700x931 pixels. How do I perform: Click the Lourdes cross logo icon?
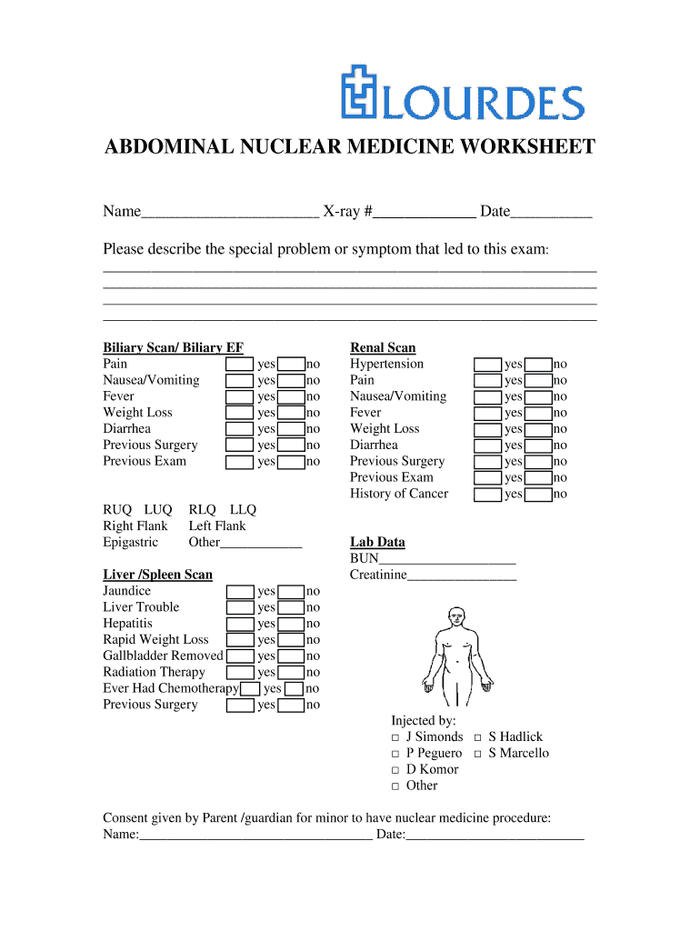click(359, 92)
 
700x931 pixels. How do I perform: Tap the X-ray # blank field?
click(425, 213)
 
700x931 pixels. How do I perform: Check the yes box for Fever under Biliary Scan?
click(240, 396)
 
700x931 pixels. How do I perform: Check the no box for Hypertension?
click(539, 365)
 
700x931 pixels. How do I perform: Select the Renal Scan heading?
click(383, 347)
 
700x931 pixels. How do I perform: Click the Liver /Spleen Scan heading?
click(157, 575)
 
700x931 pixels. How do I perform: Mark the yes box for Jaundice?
click(240, 591)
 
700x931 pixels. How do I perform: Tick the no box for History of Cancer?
click(539, 495)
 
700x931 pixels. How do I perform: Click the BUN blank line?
click(446, 558)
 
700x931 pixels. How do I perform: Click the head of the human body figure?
click(455, 616)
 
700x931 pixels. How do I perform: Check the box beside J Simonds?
click(395, 737)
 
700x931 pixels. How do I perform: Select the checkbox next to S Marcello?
click(478, 754)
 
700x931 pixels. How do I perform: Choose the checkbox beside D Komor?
click(395, 770)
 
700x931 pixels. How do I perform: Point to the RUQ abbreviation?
click(117, 509)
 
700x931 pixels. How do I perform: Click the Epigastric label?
click(130, 542)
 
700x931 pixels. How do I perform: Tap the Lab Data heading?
click(377, 542)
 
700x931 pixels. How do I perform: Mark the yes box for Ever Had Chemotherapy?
click(251, 689)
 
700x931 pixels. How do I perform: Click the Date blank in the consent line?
click(495, 835)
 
